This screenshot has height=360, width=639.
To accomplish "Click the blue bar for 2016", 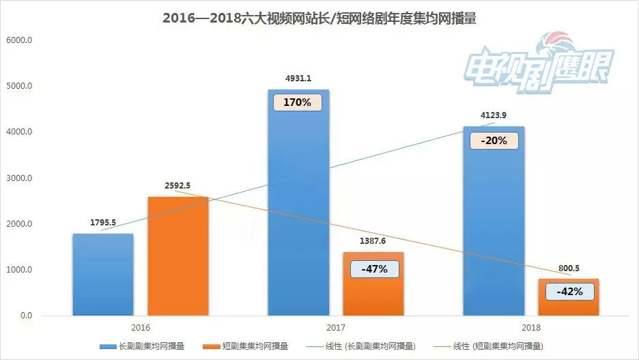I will click(103, 275).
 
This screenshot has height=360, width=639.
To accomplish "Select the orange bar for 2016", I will click(177, 256).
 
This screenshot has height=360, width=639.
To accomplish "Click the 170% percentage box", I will click(298, 103).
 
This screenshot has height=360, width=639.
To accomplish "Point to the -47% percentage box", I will click(374, 268).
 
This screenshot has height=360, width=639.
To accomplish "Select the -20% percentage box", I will click(493, 141).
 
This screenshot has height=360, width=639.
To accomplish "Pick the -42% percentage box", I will click(569, 292).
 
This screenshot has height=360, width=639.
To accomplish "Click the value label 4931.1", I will click(298, 79).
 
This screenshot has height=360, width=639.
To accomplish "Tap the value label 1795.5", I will click(103, 223).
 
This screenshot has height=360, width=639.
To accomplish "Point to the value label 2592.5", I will click(177, 186).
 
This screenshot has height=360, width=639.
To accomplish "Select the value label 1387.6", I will click(374, 241).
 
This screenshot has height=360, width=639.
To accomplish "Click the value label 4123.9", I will click(493, 115).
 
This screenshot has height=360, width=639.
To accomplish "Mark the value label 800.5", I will click(569, 268).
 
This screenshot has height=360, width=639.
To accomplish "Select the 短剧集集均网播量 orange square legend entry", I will click(250, 346).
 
